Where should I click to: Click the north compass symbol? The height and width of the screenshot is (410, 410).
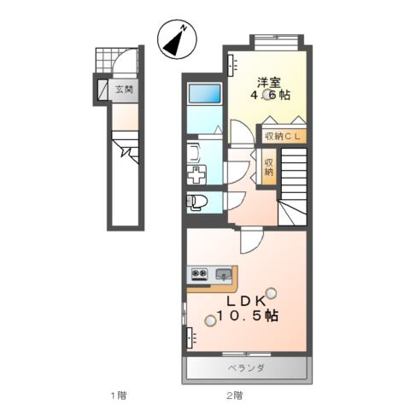point(177,39)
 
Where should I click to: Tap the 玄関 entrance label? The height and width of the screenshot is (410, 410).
point(124,90)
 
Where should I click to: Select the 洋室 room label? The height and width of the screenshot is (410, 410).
point(269,83)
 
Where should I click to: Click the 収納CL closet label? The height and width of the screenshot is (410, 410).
point(283,137)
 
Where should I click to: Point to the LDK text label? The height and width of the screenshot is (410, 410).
point(246,302)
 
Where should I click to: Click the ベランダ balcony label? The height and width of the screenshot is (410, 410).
point(246,368)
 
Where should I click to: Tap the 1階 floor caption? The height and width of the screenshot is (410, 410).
point(119,395)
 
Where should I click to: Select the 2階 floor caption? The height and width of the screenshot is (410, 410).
point(235,395)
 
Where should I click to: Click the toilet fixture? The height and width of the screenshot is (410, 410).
point(197,202)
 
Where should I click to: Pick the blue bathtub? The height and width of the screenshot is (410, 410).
point(205,93)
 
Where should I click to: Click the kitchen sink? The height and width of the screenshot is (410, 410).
point(224,274)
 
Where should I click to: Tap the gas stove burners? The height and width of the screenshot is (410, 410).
point(199,273)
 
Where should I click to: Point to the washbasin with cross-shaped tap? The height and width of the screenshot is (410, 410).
point(196,174)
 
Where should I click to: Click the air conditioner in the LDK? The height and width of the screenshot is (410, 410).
point(191,337)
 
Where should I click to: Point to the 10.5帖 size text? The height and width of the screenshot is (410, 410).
point(248,315)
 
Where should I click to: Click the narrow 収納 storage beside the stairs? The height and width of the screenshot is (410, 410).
point(268,167)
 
